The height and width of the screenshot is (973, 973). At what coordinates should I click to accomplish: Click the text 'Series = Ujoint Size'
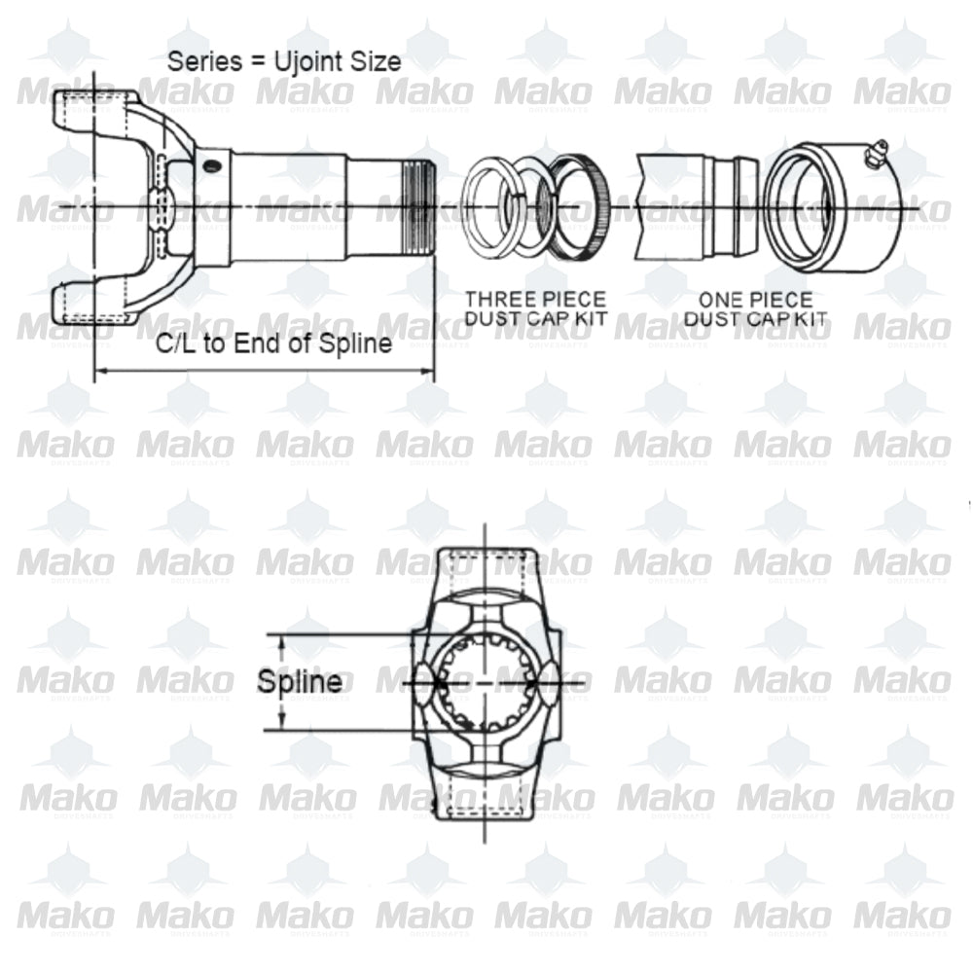[284, 61]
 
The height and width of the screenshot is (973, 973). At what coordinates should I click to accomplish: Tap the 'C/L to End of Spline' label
[275, 343]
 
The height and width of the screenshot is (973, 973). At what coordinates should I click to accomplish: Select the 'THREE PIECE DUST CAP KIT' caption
[534, 308]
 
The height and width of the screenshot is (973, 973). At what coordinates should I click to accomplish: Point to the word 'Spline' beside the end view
[300, 682]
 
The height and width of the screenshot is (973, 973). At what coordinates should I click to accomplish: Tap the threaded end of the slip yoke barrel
[416, 208]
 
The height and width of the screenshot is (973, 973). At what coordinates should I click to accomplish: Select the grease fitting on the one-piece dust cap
[875, 152]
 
